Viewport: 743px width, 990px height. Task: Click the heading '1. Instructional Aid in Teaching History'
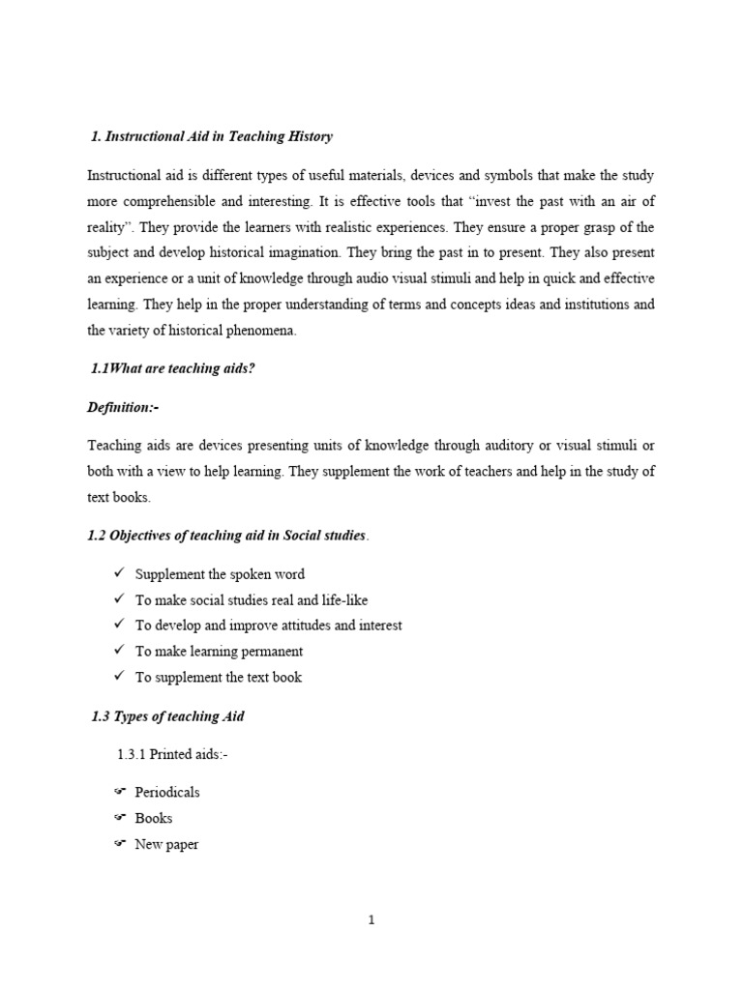[x=211, y=136]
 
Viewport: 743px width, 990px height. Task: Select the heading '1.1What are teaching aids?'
[x=172, y=369]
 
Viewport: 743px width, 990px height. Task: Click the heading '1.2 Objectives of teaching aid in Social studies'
[x=227, y=535]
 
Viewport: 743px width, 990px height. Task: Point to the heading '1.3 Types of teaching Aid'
[x=167, y=715]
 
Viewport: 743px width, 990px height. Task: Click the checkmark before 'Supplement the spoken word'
[x=120, y=573]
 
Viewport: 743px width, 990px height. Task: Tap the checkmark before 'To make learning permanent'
[x=120, y=651]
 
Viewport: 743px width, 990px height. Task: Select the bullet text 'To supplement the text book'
[x=219, y=677]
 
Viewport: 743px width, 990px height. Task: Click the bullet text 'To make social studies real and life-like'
[x=252, y=599]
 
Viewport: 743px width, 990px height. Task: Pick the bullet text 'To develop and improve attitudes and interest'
[x=269, y=626]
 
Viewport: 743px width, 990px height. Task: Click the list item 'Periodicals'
[x=167, y=792]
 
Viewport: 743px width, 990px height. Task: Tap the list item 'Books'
[x=154, y=818]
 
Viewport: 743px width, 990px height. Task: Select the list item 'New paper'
[x=166, y=844]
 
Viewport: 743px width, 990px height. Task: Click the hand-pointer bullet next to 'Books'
[x=120, y=818]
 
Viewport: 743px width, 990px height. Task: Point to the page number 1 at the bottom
[x=371, y=919]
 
